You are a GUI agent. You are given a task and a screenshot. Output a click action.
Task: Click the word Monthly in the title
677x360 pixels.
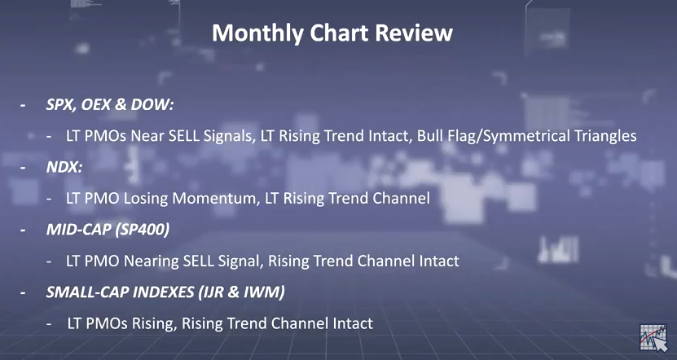click(257, 33)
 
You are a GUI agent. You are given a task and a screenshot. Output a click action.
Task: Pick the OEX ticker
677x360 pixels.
click(96, 104)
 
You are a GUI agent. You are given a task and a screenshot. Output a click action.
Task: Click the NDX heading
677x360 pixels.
click(64, 167)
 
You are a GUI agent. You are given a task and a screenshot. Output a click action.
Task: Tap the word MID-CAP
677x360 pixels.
click(77, 230)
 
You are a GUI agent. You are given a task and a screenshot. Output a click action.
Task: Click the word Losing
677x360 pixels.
click(146, 199)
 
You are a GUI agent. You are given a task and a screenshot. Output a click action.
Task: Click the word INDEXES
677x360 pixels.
click(163, 292)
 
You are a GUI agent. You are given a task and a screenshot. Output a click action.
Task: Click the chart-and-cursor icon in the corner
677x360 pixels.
click(653, 337)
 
